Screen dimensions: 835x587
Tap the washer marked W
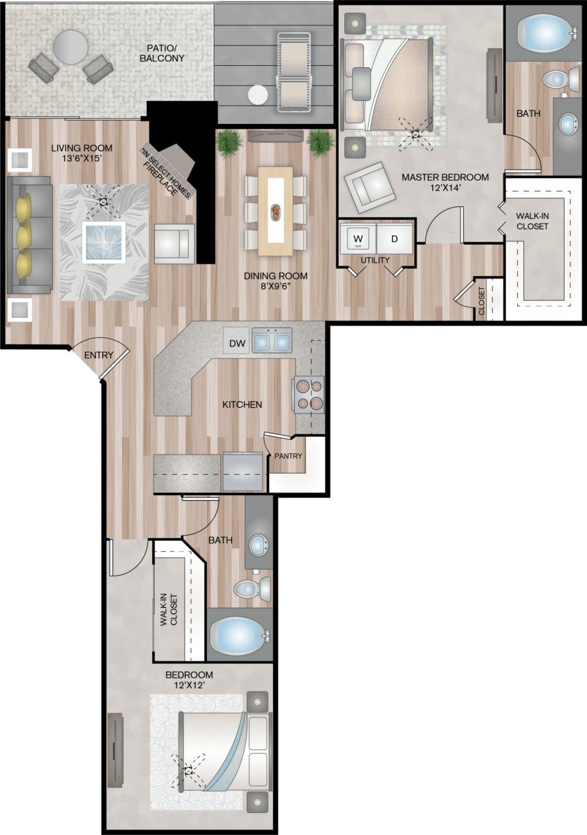(x=357, y=239)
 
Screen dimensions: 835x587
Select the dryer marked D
(x=394, y=239)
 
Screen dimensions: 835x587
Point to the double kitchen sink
(x=272, y=341)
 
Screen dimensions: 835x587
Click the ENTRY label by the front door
(x=99, y=356)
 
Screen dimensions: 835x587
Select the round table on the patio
(x=71, y=47)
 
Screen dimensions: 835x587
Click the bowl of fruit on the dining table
(x=276, y=211)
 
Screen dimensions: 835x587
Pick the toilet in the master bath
(x=562, y=80)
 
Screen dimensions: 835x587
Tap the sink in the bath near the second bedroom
(x=258, y=544)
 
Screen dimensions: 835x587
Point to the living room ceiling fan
(x=103, y=202)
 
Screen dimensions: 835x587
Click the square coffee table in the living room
(x=103, y=242)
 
